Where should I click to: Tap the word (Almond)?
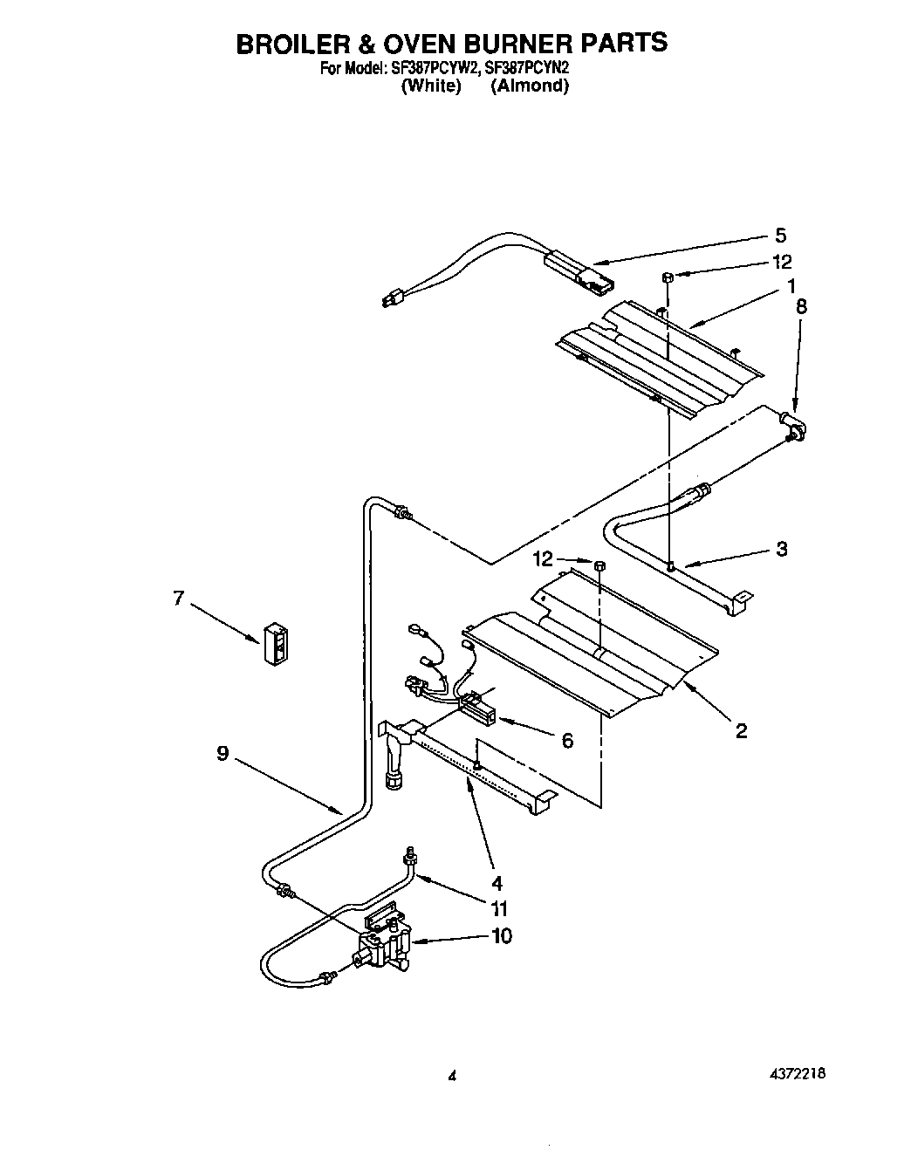pyautogui.click(x=529, y=86)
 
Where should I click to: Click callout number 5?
pyautogui.click(x=780, y=236)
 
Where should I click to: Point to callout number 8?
pyautogui.click(x=801, y=306)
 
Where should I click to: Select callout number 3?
pyautogui.click(x=781, y=549)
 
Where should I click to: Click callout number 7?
pyautogui.click(x=179, y=599)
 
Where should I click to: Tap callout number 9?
pyautogui.click(x=223, y=753)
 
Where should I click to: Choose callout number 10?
pyautogui.click(x=502, y=936)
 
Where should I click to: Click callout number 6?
pyautogui.click(x=567, y=740)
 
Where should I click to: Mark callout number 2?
pyautogui.click(x=741, y=731)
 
